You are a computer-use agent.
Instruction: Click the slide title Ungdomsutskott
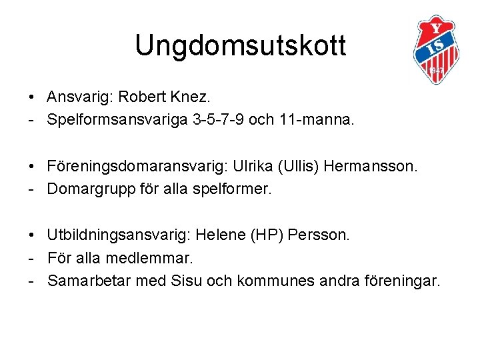240,46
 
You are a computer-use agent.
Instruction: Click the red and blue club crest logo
437,49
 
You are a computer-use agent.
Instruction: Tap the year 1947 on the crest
437,70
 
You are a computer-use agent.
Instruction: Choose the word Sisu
188,281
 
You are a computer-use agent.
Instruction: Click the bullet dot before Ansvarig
32,98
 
